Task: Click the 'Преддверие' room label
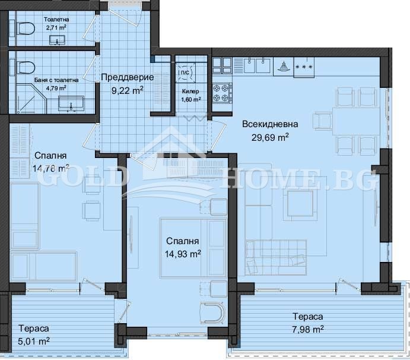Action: (x=127, y=77)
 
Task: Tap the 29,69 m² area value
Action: (x=270, y=137)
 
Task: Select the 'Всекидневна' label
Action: (x=270, y=124)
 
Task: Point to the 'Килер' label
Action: (x=190, y=91)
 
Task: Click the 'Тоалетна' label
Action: (x=56, y=20)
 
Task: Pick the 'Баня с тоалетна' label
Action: (x=56, y=80)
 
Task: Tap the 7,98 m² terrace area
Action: (x=308, y=329)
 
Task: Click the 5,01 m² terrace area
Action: (x=34, y=341)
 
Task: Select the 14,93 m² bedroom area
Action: (x=183, y=254)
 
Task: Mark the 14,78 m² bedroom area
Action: (x=51, y=168)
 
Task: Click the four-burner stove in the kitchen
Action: (x=222, y=93)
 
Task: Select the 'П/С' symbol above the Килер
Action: (x=185, y=72)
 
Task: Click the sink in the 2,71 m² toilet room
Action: (x=58, y=40)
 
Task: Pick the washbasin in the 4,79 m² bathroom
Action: (x=71, y=104)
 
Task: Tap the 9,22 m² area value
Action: (x=128, y=90)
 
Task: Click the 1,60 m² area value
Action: (x=191, y=99)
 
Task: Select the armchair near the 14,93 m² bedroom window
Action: (x=212, y=313)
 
